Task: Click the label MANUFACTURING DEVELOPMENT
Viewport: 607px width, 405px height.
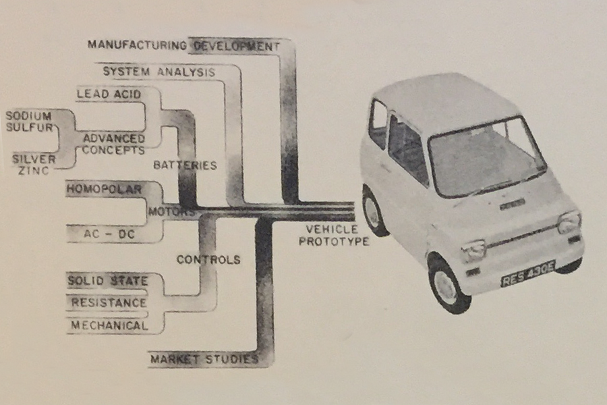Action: click(x=183, y=45)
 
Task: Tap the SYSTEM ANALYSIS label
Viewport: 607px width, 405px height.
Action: click(x=158, y=72)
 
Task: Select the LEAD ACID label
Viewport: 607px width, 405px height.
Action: click(x=109, y=94)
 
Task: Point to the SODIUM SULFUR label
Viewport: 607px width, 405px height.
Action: click(x=29, y=122)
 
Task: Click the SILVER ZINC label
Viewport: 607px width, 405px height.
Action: click(x=34, y=164)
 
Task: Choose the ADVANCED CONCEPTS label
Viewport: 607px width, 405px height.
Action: click(x=114, y=144)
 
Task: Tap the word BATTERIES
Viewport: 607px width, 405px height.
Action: click(x=185, y=165)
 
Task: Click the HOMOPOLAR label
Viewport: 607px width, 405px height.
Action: click(x=104, y=189)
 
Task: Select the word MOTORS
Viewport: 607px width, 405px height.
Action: click(x=171, y=212)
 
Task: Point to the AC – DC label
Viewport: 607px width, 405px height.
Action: click(x=109, y=234)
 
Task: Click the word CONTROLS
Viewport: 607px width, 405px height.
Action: click(x=208, y=259)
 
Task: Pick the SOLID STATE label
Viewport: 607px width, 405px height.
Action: click(x=108, y=281)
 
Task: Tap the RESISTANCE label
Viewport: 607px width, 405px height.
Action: click(x=109, y=302)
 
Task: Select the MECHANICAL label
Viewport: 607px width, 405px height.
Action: click(x=109, y=325)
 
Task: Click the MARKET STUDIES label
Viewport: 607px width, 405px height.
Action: click(x=204, y=359)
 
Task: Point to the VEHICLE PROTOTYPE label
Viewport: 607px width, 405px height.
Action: click(x=334, y=235)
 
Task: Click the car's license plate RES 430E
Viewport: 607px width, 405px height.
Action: click(x=528, y=273)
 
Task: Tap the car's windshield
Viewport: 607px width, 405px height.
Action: click(x=487, y=157)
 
